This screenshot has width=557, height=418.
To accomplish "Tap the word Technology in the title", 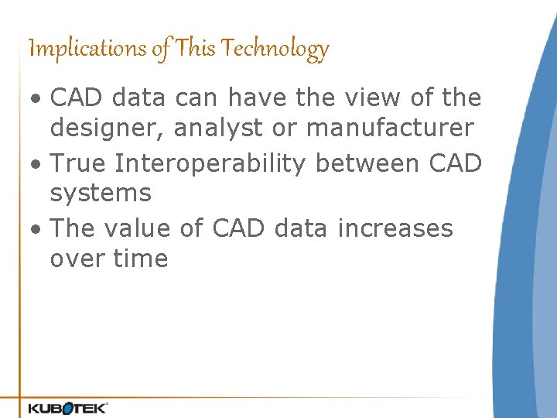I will click(x=275, y=49).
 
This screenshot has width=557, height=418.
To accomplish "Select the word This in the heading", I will click(x=196, y=49).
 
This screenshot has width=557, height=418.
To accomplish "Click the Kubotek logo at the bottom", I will click(x=68, y=406).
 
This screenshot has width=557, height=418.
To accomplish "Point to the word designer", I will click(x=105, y=128).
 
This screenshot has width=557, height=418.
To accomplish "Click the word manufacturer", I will click(x=389, y=128).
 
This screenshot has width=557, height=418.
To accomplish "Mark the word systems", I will click(x=101, y=193).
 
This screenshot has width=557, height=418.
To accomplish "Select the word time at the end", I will click(x=139, y=258).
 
